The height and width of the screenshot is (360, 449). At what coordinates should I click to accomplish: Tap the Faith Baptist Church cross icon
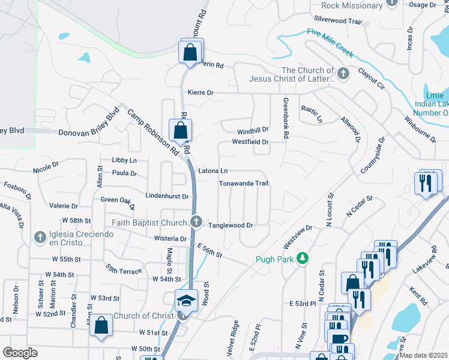[196, 223]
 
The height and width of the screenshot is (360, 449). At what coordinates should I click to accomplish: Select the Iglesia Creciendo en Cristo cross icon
[40, 238]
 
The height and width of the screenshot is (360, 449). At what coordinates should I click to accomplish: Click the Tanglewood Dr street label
[231, 226]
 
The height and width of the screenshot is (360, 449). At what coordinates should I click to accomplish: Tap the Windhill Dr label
[252, 130]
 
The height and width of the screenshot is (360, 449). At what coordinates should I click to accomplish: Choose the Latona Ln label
[213, 171]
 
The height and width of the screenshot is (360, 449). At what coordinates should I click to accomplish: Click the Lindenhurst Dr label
[167, 196]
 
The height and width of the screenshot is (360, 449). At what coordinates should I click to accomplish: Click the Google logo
[20, 353]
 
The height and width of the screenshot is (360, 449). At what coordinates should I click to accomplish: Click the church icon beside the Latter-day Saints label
[343, 74]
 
